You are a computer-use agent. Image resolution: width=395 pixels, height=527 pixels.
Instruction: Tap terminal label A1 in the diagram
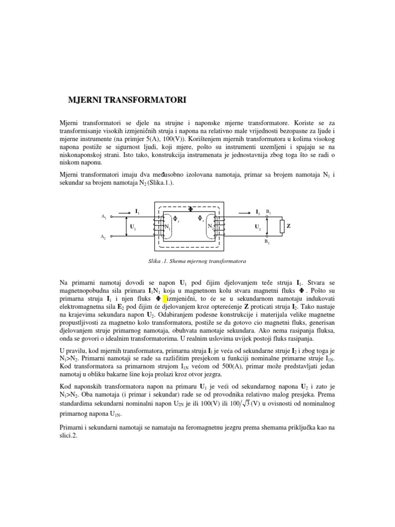click(x=104, y=217)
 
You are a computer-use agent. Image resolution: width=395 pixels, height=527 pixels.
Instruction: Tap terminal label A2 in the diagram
click(x=104, y=237)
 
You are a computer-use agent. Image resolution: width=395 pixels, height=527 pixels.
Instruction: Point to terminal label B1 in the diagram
click(x=268, y=212)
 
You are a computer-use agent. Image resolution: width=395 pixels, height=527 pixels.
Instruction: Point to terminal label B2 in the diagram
click(x=267, y=241)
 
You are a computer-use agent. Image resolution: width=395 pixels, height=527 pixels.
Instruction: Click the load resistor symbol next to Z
click(x=281, y=226)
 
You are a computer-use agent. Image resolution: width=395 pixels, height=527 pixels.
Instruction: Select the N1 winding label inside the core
click(x=167, y=226)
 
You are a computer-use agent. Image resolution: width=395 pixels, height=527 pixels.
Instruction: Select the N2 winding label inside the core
click(x=210, y=226)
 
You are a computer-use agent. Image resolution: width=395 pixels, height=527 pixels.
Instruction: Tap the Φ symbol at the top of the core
click(x=190, y=209)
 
